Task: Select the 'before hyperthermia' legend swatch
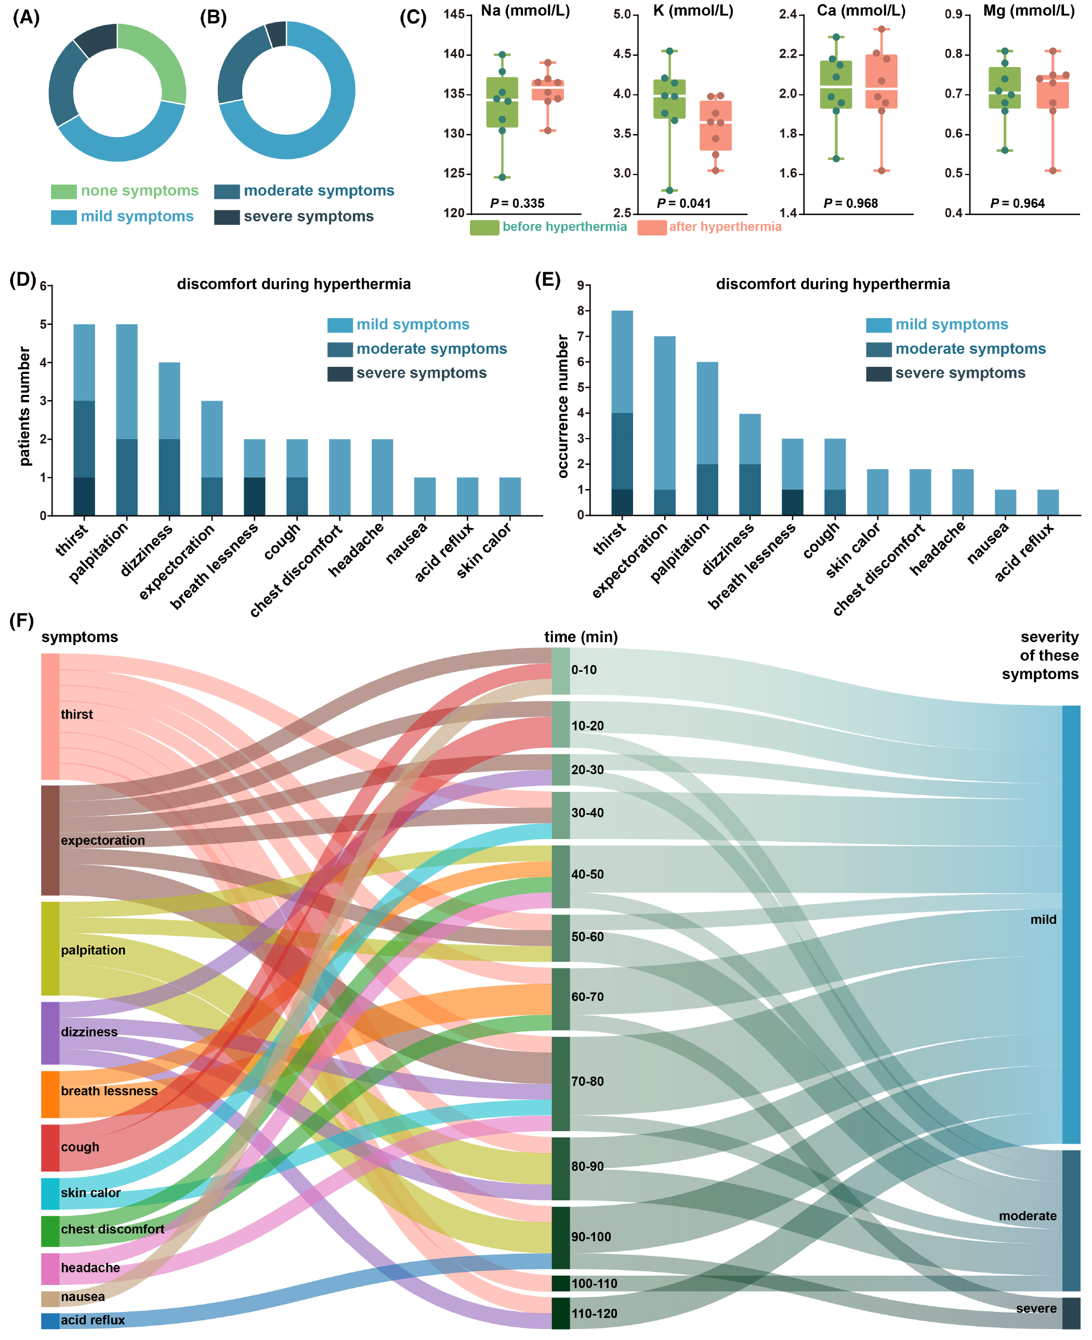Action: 484,228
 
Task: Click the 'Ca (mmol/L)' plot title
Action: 861,11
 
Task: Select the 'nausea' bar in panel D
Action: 425,496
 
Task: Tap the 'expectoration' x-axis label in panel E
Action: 629,560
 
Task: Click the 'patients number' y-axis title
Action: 24,406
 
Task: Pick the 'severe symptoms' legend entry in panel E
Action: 959,373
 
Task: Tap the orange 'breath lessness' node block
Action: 50,1094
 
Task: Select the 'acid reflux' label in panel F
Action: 93,1320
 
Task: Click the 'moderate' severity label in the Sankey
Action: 1027,1215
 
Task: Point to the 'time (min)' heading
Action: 581,637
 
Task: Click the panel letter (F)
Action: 21,621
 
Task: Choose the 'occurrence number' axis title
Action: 562,406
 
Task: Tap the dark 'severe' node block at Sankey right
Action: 1071,1313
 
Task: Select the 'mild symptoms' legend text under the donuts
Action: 137,216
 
